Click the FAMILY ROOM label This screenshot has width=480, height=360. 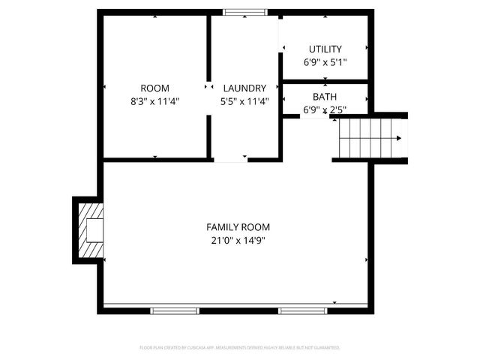[238, 227]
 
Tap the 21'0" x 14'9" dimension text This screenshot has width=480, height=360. [238, 241]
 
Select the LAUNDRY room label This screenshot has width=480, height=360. [244, 88]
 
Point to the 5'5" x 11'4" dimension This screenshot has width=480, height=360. [244, 101]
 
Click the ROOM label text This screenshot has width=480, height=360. [154, 88]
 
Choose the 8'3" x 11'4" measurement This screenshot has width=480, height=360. [154, 101]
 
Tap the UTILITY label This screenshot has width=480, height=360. [325, 49]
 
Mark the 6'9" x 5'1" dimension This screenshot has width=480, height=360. [325, 63]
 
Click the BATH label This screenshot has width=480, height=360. [325, 97]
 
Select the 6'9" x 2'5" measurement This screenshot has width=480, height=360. [325, 110]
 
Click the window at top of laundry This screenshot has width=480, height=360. [244, 12]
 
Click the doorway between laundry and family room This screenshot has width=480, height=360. [230, 159]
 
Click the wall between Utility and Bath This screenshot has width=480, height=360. [325, 81]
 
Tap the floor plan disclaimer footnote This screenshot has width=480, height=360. [239, 348]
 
